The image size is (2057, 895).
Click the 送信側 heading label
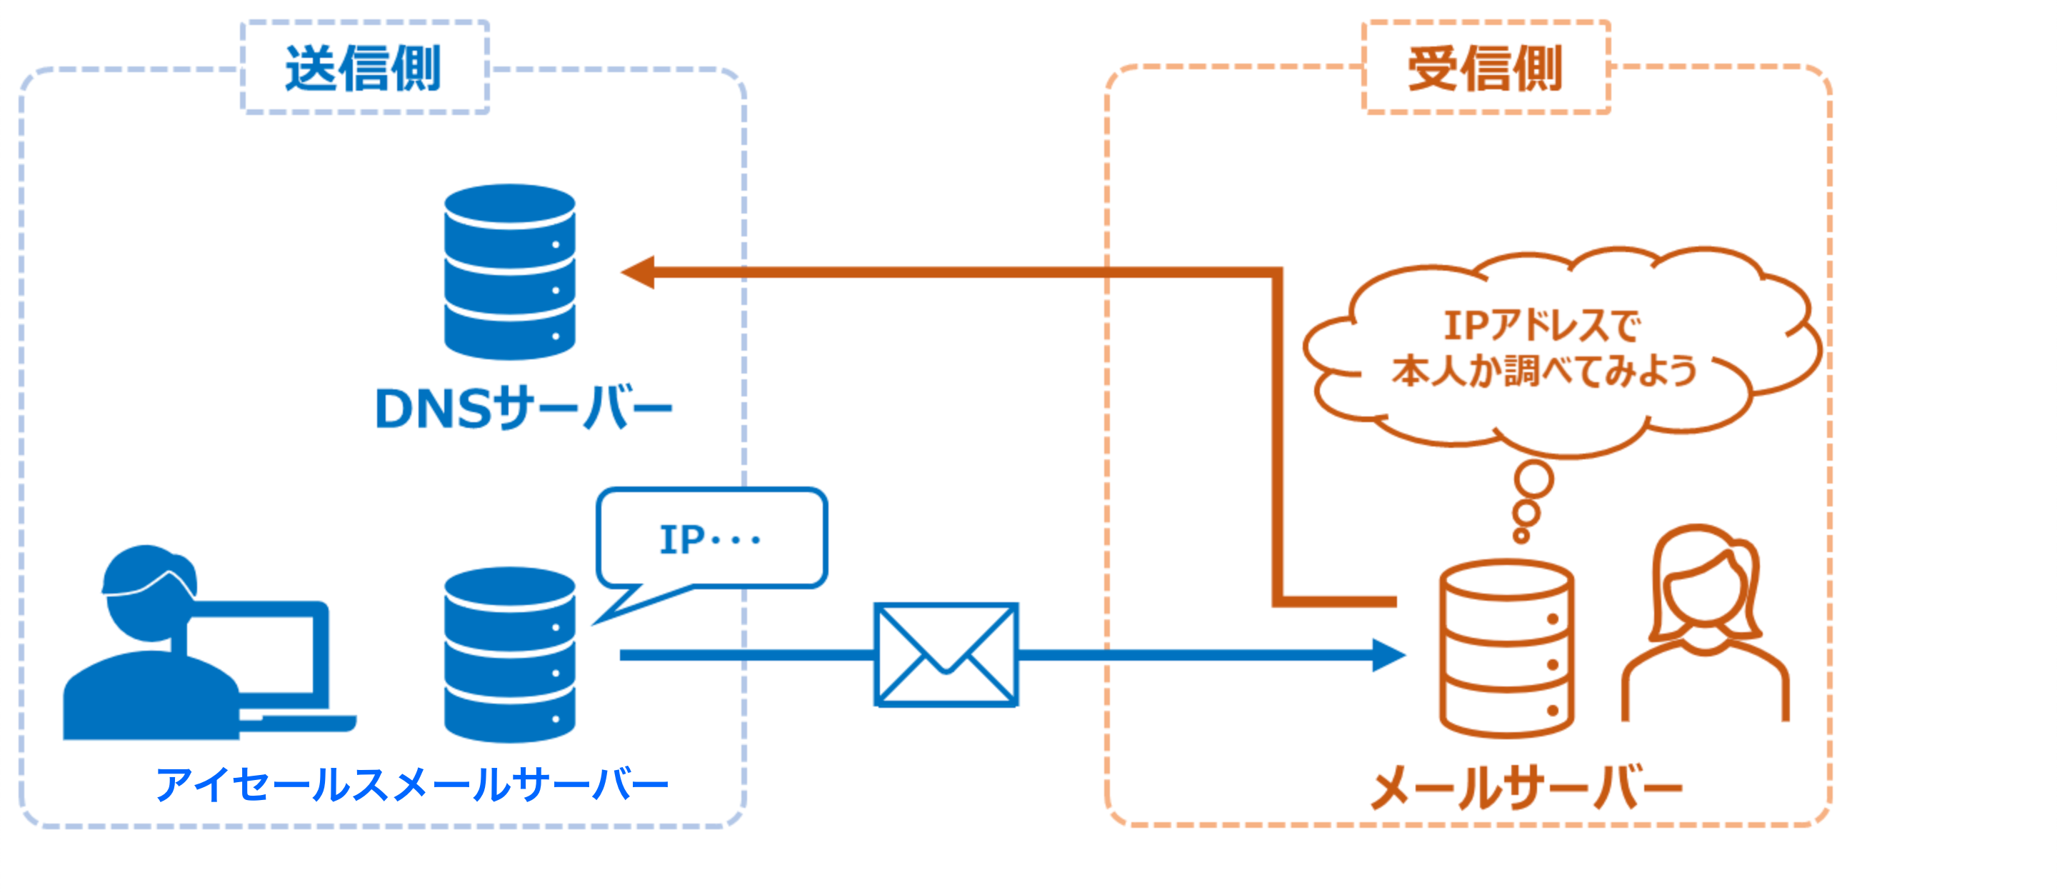[364, 69]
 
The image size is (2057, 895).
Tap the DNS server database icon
[509, 272]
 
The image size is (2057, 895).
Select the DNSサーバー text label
[523, 408]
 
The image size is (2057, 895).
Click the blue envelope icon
[946, 655]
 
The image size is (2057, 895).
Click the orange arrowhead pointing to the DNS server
[639, 272]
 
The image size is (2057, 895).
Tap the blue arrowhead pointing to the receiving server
[1388, 655]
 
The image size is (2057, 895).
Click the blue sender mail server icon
[509, 655]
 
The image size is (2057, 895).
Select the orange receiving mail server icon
[1506, 649]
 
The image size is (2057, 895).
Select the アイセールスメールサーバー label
[412, 784]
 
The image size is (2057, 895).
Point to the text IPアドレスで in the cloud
[1541, 326]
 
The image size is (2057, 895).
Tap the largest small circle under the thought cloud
[1534, 480]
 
